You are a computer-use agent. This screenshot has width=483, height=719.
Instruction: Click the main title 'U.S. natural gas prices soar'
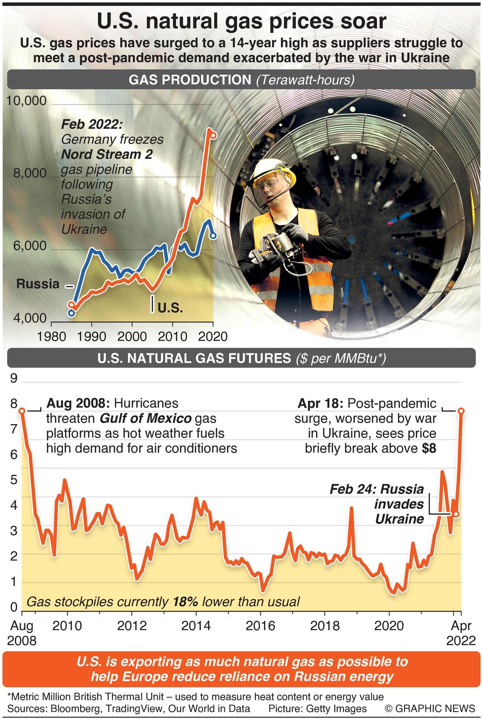click(x=241, y=22)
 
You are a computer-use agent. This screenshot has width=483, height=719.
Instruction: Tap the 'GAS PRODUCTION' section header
click(x=190, y=80)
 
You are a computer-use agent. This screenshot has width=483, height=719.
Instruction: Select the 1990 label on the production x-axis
click(x=91, y=336)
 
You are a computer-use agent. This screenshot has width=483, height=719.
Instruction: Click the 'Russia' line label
click(x=38, y=284)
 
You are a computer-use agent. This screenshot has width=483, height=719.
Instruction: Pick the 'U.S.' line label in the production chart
click(x=170, y=308)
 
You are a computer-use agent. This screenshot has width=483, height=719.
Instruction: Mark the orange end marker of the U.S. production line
click(x=213, y=135)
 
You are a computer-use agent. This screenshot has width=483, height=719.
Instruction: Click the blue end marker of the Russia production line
click(x=213, y=236)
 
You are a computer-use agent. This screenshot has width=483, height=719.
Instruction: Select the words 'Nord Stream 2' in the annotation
click(x=107, y=154)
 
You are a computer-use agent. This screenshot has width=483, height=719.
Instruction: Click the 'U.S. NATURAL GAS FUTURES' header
click(x=194, y=358)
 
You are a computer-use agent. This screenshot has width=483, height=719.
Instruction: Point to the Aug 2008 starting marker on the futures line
click(x=22, y=411)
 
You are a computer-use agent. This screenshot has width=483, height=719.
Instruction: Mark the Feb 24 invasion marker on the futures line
click(x=456, y=514)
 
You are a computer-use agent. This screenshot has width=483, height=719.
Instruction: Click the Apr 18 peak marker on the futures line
click(x=461, y=411)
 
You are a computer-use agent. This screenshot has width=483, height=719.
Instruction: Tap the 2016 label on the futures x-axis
click(x=260, y=626)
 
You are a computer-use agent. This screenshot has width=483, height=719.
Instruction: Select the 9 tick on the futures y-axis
click(x=14, y=378)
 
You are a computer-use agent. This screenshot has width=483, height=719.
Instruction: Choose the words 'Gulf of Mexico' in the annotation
click(x=146, y=418)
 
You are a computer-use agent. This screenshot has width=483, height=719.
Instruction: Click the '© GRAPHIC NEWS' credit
click(x=430, y=708)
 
